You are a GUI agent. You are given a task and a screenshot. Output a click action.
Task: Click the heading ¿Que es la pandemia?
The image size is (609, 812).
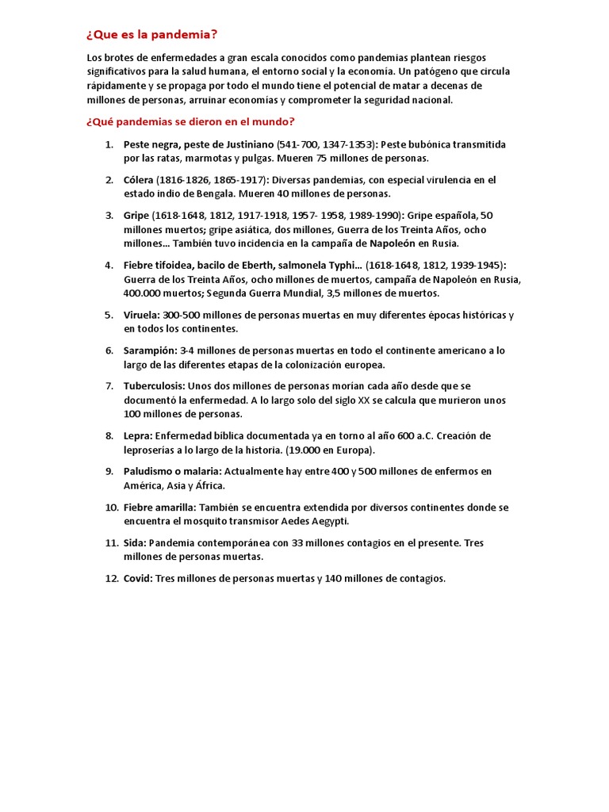point(151,35)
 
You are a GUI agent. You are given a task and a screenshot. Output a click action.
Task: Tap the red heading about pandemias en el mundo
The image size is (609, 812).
point(190,121)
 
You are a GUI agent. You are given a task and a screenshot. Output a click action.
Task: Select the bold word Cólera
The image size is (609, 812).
point(138,180)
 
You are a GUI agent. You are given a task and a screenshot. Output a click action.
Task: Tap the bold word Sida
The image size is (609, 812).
point(134,543)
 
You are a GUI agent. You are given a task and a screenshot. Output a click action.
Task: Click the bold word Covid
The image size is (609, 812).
point(138,579)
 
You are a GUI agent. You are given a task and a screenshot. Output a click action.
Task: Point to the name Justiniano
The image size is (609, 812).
point(247,144)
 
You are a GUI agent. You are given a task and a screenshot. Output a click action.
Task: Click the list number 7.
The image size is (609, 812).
point(109,386)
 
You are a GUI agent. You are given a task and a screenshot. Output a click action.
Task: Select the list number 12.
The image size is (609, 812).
point(110,579)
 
